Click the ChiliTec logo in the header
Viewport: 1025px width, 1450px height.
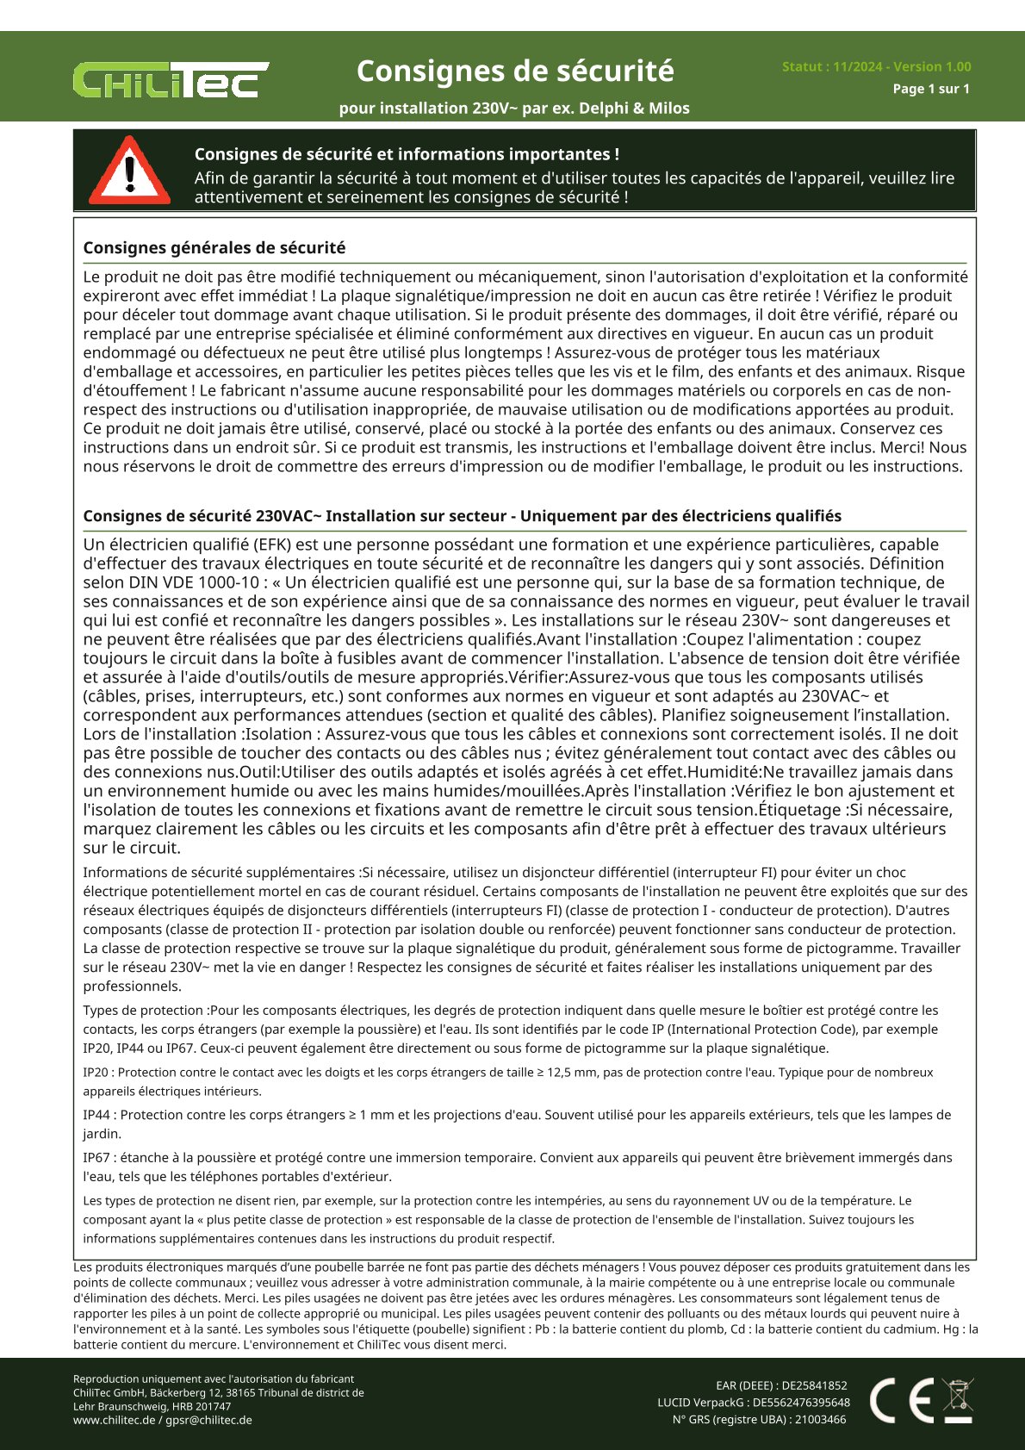171,80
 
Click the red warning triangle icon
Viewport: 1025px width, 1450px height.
129,171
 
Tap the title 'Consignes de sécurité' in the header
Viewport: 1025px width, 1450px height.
515,71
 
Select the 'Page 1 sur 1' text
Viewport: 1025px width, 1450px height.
930,89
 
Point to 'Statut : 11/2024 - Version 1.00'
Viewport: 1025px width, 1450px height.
876,66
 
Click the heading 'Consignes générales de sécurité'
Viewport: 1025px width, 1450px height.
214,248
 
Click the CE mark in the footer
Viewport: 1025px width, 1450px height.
901,1400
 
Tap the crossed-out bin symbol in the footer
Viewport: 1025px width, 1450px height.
958,1400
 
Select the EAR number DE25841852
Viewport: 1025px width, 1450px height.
814,1385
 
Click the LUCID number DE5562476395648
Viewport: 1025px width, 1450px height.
801,1403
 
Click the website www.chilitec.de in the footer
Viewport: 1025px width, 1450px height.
114,1420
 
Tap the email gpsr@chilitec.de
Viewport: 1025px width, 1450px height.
208,1420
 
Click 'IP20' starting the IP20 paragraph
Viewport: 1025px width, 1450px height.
96,1073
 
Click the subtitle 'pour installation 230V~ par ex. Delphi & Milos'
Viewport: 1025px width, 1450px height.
514,109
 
